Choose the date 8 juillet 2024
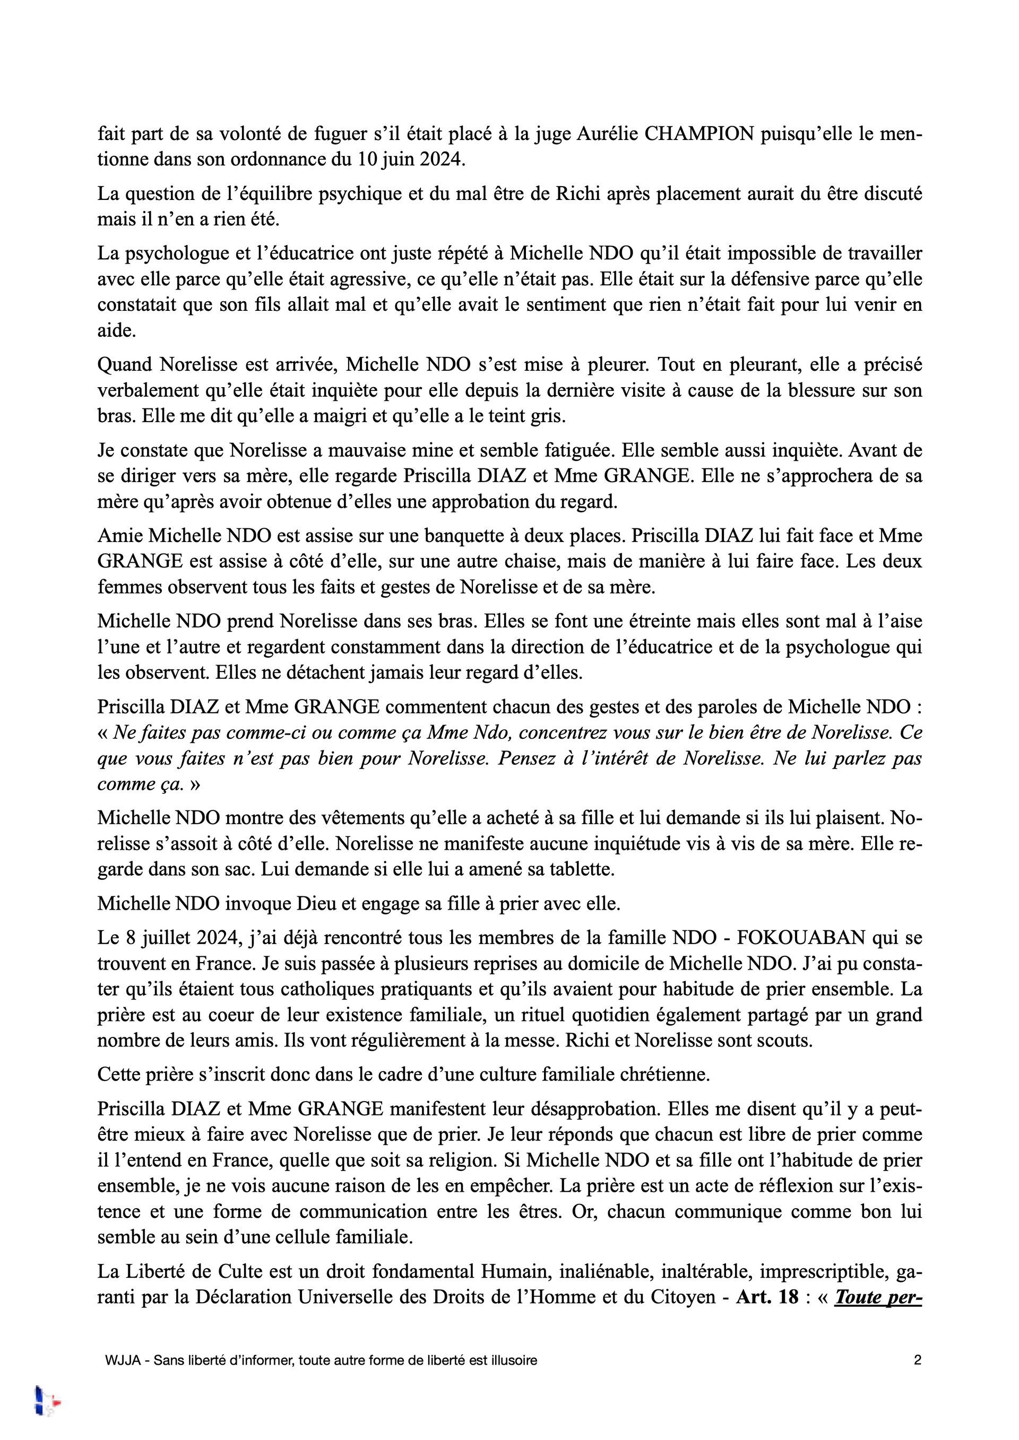pyautogui.click(x=174, y=938)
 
